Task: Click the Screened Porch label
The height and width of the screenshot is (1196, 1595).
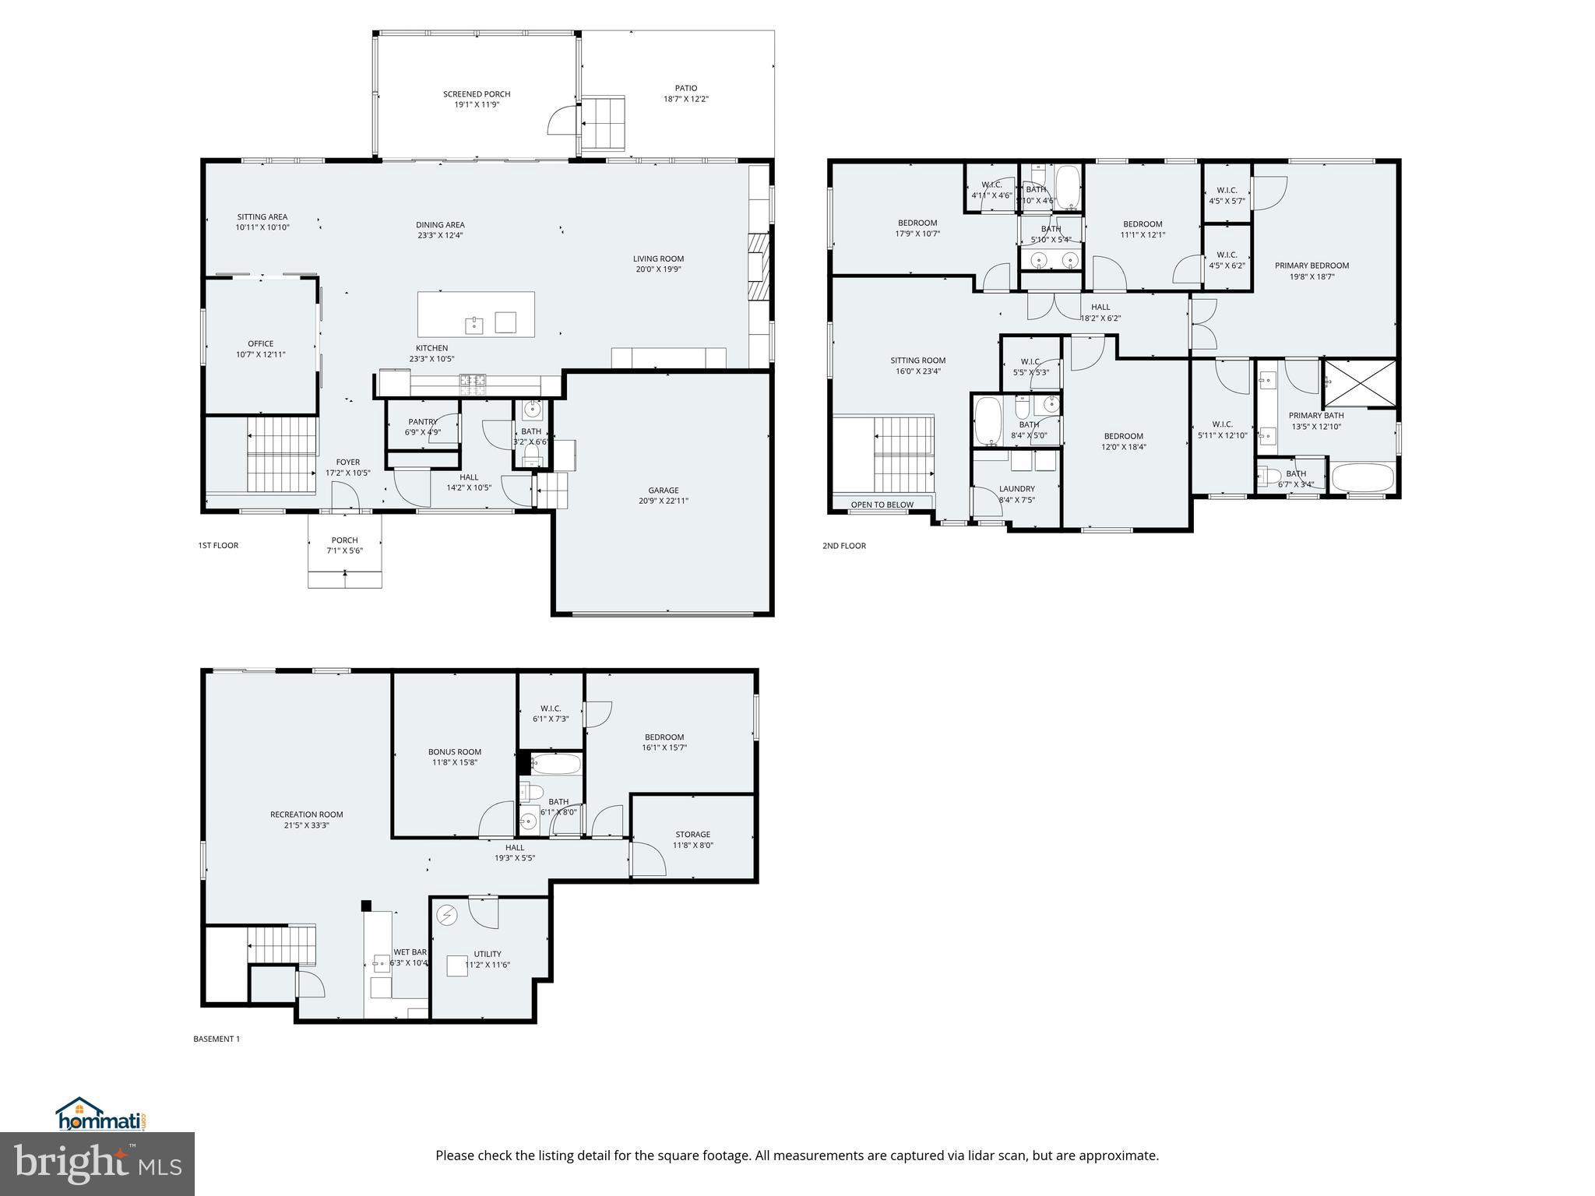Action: click(x=477, y=94)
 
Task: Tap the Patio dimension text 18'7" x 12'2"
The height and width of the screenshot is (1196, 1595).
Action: click(x=685, y=100)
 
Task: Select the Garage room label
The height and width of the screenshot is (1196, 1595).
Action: click(x=664, y=491)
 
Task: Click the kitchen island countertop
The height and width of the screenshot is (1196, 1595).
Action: click(x=476, y=313)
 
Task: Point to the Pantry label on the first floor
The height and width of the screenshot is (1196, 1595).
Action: click(x=422, y=422)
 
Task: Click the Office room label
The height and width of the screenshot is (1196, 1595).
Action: click(x=261, y=343)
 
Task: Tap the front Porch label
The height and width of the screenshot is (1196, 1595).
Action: click(x=344, y=540)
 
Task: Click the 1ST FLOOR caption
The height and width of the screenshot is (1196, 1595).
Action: click(x=218, y=546)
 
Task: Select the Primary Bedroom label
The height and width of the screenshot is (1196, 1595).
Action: click(x=1312, y=266)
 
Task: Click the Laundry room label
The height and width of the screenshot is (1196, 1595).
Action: click(x=1016, y=489)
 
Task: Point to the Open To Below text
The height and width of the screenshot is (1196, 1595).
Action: click(x=882, y=505)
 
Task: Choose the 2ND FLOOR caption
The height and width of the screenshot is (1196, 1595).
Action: click(x=844, y=546)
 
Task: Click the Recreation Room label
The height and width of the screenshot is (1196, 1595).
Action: click(x=306, y=814)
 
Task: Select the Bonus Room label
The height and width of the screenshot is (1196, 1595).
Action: click(x=455, y=752)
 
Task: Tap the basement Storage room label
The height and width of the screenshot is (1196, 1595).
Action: click(x=692, y=835)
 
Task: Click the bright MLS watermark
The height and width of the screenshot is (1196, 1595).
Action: click(x=97, y=1163)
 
